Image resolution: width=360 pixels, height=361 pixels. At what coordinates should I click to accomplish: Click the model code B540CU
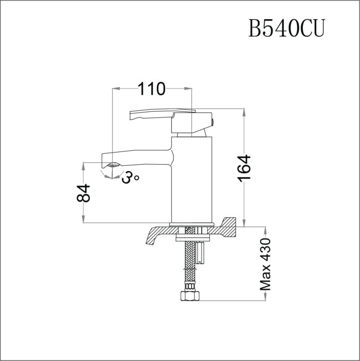pyautogui.click(x=286, y=28)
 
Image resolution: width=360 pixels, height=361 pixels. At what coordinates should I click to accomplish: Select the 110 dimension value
pyautogui.click(x=152, y=89)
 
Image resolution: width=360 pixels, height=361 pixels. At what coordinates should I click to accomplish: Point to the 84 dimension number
pyautogui.click(x=84, y=194)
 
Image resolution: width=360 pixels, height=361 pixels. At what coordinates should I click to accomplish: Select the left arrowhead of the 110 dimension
pyautogui.click(x=116, y=89)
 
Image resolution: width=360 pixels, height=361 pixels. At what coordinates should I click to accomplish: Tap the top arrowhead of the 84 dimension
pyautogui.click(x=84, y=166)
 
